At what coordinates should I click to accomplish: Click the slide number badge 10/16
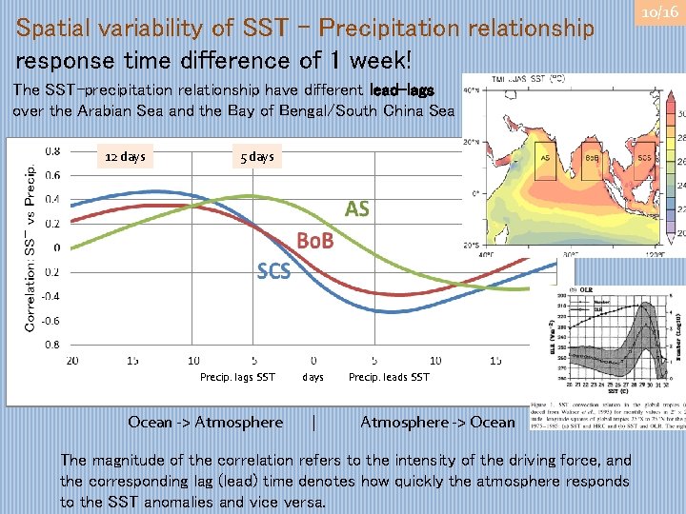(659, 12)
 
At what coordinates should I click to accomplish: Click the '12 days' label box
(125, 156)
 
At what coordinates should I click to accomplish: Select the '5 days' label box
(254, 156)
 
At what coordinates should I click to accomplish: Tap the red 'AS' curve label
(357, 209)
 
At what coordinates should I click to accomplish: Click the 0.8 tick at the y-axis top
(53, 149)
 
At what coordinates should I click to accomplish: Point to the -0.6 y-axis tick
(51, 321)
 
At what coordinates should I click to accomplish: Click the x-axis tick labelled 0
(314, 361)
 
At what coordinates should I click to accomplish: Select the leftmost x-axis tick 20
(71, 361)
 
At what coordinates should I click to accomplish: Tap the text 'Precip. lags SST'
(237, 378)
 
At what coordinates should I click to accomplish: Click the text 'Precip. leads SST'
(389, 378)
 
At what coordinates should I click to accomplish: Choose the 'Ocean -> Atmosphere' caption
(206, 422)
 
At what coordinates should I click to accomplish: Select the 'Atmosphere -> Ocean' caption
(437, 422)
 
